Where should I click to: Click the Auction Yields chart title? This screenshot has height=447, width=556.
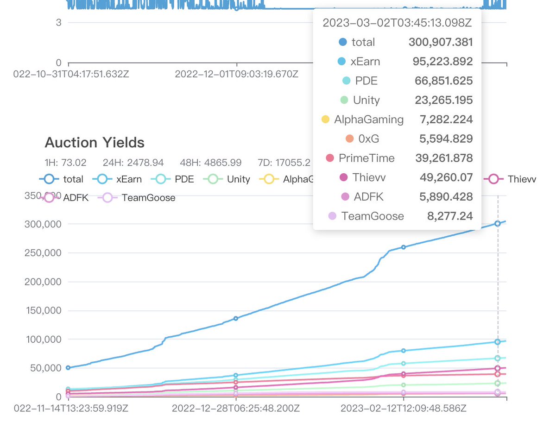[95, 143]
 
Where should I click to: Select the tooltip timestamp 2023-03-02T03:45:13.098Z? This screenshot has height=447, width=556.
[397, 23]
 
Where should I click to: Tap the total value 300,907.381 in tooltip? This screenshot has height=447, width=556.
[440, 42]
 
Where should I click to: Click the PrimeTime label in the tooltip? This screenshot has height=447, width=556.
[366, 158]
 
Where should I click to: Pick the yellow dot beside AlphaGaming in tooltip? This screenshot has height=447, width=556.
[325, 120]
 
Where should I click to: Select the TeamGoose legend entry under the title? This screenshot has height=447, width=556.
[139, 198]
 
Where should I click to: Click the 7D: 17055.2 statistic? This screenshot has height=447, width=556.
[284, 163]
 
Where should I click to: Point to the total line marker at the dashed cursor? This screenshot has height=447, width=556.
[498, 223]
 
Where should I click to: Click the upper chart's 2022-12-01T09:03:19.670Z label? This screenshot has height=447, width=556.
[236, 74]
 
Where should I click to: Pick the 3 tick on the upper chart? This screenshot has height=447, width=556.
[59, 22]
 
